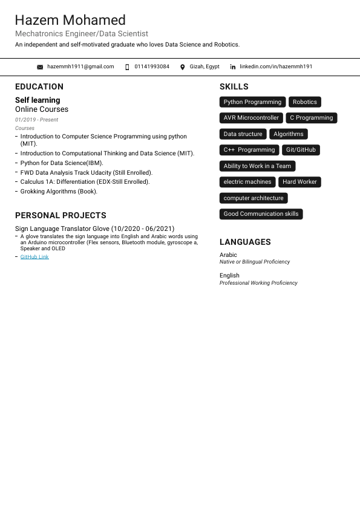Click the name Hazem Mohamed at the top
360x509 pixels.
[x=70, y=20]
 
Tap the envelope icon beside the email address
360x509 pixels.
[x=40, y=67]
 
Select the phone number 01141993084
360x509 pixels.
[x=152, y=66]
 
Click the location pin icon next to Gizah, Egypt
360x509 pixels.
[x=183, y=67]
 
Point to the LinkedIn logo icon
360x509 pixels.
[x=233, y=67]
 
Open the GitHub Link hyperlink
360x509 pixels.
[x=34, y=257]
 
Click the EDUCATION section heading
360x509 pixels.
[x=39, y=86]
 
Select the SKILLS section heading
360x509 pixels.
[x=234, y=86]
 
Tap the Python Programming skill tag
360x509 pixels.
[x=252, y=102]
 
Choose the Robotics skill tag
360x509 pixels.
[x=305, y=102]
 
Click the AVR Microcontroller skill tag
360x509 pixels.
[x=251, y=118]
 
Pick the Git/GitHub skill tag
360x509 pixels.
[x=301, y=150]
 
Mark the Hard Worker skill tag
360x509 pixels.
[x=299, y=182]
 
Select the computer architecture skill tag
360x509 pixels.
[x=254, y=198]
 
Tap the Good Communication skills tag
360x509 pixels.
[x=261, y=214]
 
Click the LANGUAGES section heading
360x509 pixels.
[x=245, y=242]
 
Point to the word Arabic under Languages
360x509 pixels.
[x=228, y=255]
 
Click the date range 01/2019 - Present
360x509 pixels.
[x=36, y=120]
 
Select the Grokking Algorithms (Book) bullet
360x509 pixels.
[x=59, y=192]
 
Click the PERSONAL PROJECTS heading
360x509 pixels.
[x=61, y=215]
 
